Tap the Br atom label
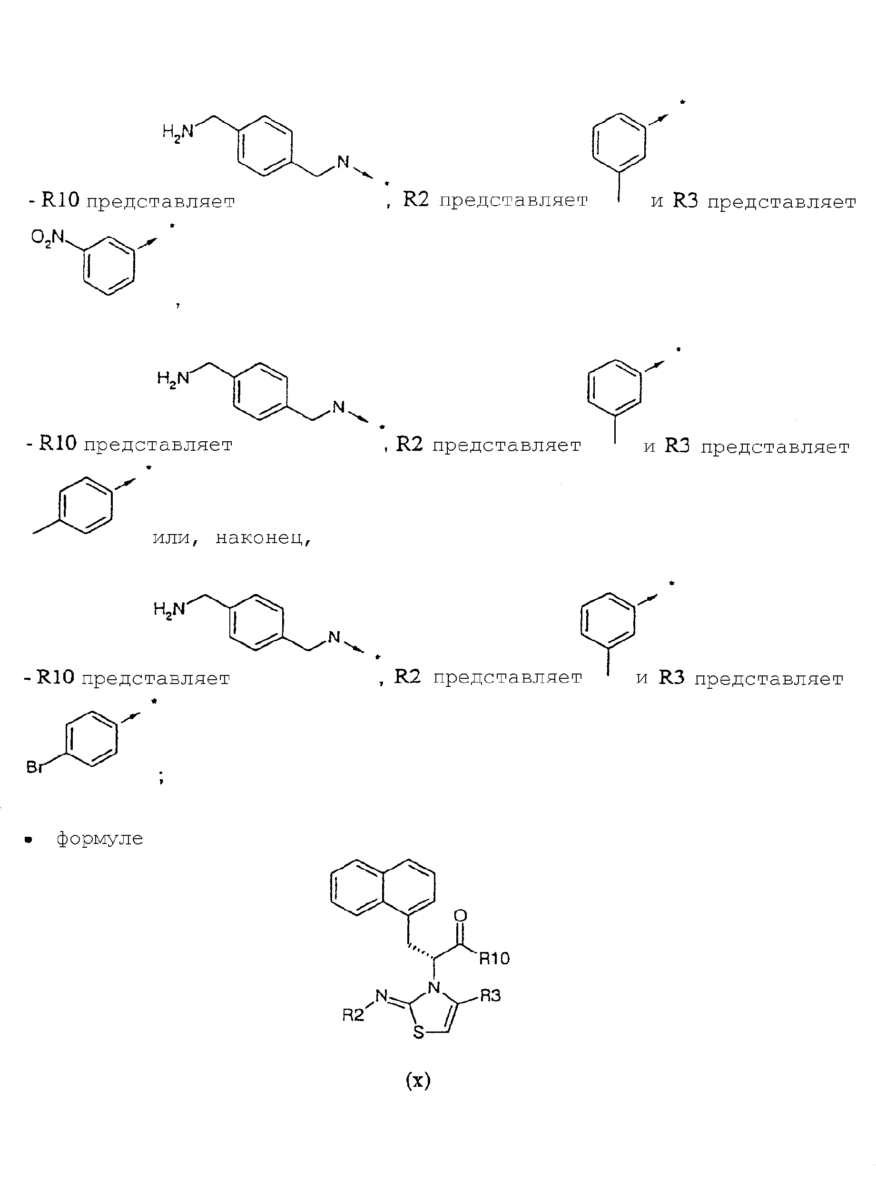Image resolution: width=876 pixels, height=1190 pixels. [34, 767]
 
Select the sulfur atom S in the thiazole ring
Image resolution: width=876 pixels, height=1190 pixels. [419, 1032]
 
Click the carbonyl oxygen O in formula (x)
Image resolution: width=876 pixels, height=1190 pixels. [461, 915]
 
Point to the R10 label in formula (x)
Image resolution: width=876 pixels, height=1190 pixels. [494, 958]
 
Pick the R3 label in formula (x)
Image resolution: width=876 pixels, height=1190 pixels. [490, 996]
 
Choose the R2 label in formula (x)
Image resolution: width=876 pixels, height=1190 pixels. [353, 1015]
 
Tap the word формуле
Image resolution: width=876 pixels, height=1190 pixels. [100, 838]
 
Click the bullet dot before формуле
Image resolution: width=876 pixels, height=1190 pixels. [29, 840]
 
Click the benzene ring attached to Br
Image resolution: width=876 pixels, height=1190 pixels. [91, 739]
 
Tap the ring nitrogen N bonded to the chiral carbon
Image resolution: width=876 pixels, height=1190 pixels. [434, 987]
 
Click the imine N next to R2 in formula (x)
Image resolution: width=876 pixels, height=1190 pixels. [381, 997]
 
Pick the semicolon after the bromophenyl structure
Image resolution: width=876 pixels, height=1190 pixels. [161, 777]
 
